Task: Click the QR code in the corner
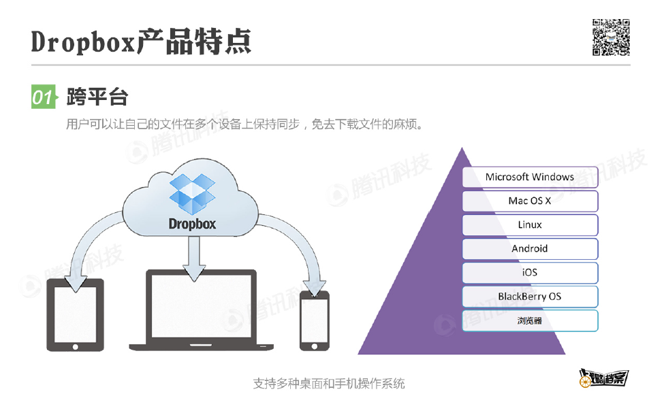610,37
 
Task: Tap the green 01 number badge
43,97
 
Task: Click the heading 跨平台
97,97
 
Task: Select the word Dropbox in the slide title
82,42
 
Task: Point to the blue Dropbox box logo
192,193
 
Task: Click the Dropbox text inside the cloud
192,223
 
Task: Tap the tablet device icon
74,314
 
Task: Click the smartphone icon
314,320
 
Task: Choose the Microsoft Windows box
530,177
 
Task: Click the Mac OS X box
530,201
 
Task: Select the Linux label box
530,225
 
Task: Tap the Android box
530,248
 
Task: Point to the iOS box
530,272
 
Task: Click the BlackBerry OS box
530,297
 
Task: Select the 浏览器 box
530,320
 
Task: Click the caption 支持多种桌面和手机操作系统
329,384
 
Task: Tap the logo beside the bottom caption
602,380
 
